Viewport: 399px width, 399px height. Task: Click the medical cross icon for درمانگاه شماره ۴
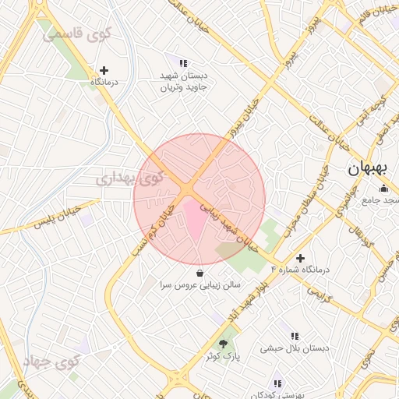tap(301, 258)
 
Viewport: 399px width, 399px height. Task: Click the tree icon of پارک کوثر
tap(224, 344)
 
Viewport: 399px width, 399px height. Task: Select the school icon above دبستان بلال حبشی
tap(295, 336)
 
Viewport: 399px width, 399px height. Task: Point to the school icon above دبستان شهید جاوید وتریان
tap(183, 63)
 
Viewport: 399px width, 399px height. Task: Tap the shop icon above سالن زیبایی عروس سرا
tap(201, 274)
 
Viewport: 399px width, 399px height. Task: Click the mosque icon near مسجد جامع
tap(383, 188)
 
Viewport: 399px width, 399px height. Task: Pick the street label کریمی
tap(318, 293)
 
